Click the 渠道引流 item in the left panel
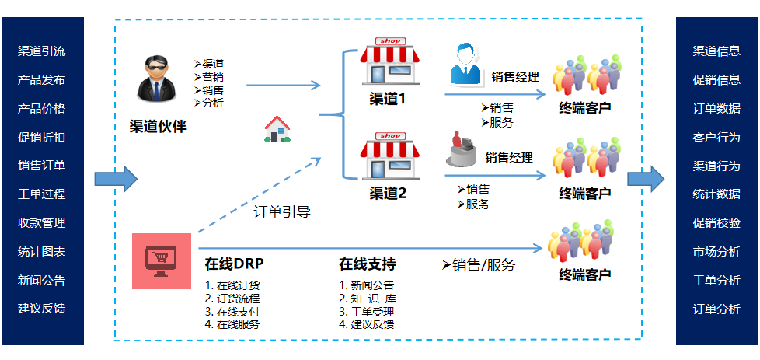pyautogui.click(x=41, y=51)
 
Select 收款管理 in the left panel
pyautogui.click(x=41, y=222)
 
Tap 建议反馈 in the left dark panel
pyautogui.click(x=41, y=308)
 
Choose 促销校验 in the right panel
pyautogui.click(x=716, y=222)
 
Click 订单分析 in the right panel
pyautogui.click(x=716, y=308)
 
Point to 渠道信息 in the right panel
pyautogui.click(x=716, y=51)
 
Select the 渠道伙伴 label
pyautogui.click(x=158, y=126)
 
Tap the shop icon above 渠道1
pyautogui.click(x=388, y=61)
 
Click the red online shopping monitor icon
pyautogui.click(x=161, y=261)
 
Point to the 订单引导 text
pyautogui.click(x=282, y=211)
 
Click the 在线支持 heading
pyautogui.click(x=368, y=263)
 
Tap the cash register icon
pyautogui.click(x=464, y=149)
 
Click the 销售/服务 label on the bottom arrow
pyautogui.click(x=479, y=264)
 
